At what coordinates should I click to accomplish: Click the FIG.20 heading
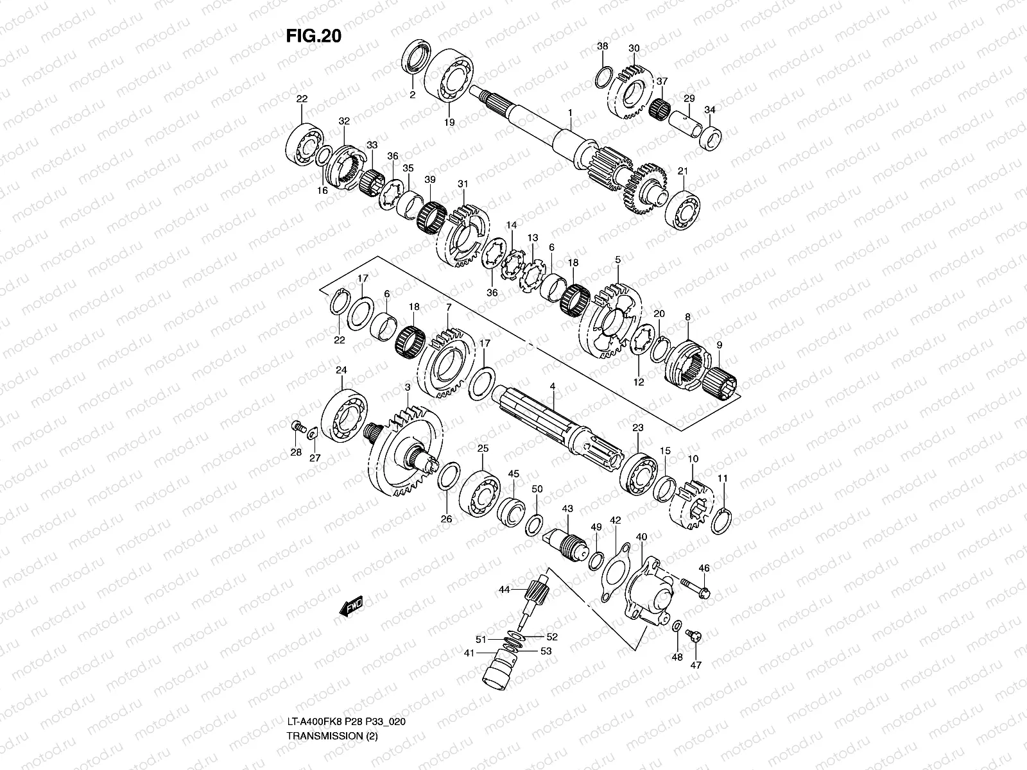click(313, 37)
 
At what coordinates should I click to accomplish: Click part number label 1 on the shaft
click(569, 112)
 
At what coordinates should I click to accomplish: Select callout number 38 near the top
click(602, 46)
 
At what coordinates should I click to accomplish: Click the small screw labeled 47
click(694, 635)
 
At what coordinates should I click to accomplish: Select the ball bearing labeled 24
click(344, 413)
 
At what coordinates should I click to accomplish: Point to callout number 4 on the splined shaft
click(551, 386)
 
